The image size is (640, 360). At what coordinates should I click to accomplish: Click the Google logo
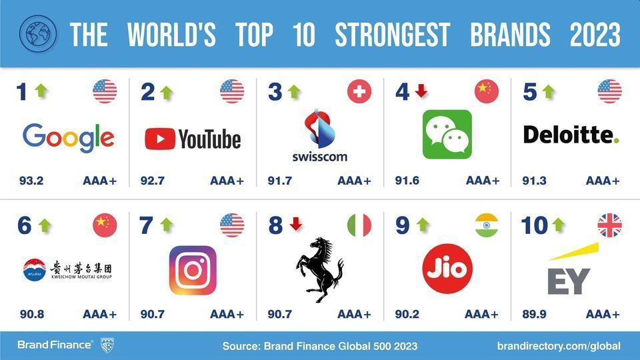coord(68,138)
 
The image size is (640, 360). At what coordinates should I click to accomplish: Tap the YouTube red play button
coord(160,139)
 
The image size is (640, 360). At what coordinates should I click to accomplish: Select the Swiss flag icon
coord(359,91)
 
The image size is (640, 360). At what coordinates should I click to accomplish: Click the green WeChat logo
coord(447,134)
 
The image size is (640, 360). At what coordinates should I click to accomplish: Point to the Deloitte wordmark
coord(571,135)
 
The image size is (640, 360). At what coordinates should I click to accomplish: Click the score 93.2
coord(31,181)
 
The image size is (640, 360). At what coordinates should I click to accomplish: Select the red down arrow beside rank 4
coord(421,91)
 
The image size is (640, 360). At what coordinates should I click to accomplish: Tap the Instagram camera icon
coord(193,270)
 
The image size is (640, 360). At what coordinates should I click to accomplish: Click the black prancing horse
coord(319,269)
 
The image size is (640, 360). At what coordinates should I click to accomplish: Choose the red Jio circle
coord(447,269)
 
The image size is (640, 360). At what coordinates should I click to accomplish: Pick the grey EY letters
coord(569,281)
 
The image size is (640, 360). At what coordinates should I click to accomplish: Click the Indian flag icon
coord(487,225)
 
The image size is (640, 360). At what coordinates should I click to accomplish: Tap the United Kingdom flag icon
coord(609,225)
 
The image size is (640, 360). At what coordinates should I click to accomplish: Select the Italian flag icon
coord(359,225)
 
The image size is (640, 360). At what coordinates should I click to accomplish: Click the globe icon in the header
coord(38,34)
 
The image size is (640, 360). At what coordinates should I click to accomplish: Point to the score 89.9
coord(534,314)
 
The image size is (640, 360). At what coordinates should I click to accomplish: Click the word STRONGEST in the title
coord(392,34)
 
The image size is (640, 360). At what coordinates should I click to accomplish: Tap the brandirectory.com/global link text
coord(559,346)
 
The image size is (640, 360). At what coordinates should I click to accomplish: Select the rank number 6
coord(25,225)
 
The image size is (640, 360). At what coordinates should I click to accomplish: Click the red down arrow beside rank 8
coord(296,224)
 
